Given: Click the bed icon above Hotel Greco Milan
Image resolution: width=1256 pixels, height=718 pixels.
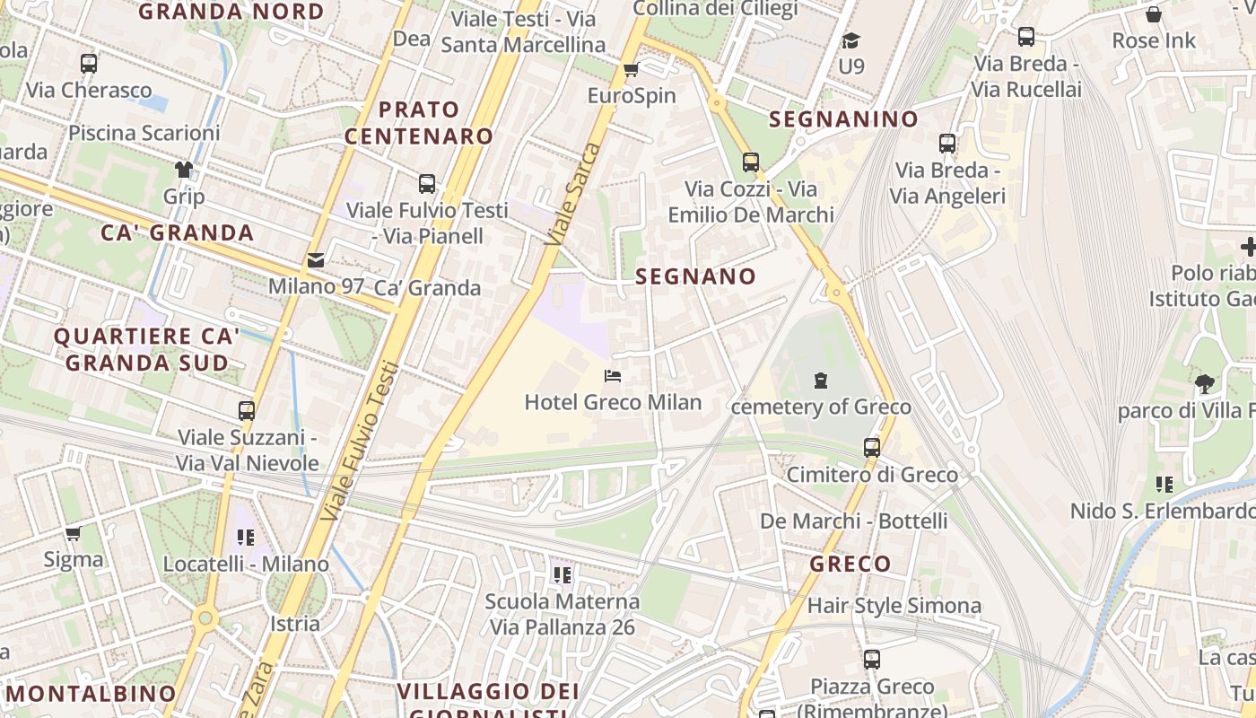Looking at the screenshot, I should pyautogui.click(x=613, y=376).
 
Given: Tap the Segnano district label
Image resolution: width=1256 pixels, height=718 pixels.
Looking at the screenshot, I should pyautogui.click(x=696, y=276).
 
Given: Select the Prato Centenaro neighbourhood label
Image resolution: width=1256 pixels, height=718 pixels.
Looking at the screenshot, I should pyautogui.click(x=419, y=123).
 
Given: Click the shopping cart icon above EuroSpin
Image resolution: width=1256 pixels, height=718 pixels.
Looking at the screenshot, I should pyautogui.click(x=631, y=69).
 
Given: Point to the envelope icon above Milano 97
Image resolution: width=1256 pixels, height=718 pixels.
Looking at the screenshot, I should pyautogui.click(x=316, y=260).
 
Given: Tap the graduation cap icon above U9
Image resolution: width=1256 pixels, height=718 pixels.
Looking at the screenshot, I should pyautogui.click(x=850, y=40).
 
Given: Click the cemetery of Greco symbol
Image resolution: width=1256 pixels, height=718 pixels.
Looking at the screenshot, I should pyautogui.click(x=820, y=381).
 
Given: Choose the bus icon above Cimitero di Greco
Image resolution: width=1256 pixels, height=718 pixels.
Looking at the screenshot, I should pyautogui.click(x=871, y=447).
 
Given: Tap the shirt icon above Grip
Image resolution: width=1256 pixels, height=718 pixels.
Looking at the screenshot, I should pyautogui.click(x=184, y=169).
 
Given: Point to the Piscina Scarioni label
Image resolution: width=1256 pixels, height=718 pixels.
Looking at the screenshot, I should pyautogui.click(x=144, y=133).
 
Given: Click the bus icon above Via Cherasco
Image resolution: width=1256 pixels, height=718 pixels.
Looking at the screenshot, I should pyautogui.click(x=88, y=64).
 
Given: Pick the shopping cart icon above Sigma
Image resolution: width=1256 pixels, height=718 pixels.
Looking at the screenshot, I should pyautogui.click(x=74, y=533).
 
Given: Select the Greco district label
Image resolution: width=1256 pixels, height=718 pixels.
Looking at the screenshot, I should pyautogui.click(x=850, y=564).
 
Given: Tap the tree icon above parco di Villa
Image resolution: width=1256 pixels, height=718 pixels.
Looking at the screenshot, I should pyautogui.click(x=1204, y=384).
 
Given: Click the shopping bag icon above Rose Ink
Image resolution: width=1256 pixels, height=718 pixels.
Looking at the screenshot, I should pyautogui.click(x=1154, y=14).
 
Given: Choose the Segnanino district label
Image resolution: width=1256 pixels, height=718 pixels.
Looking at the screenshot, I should pyautogui.click(x=844, y=119).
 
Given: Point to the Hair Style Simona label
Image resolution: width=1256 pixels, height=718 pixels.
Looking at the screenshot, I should pyautogui.click(x=894, y=606).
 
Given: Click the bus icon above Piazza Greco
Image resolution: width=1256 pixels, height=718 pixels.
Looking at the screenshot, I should pyautogui.click(x=871, y=660).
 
